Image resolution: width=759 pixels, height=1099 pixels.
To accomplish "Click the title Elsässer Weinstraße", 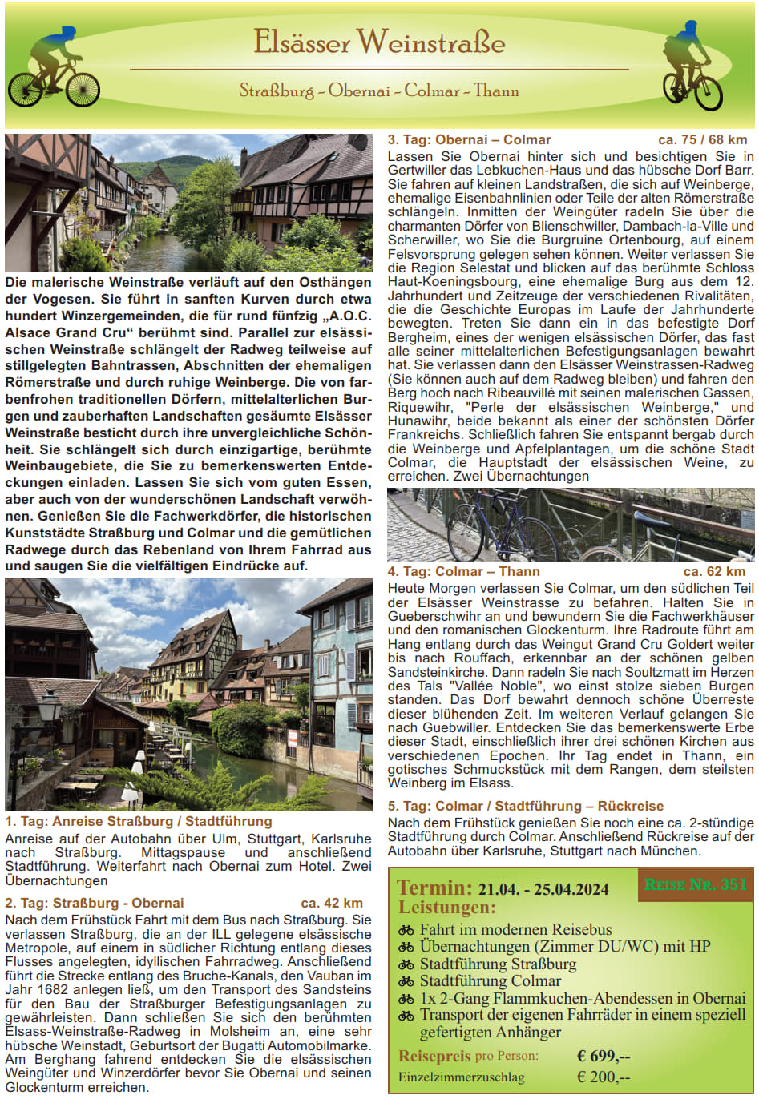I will (379, 42).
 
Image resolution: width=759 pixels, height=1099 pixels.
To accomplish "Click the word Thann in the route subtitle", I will (496, 91).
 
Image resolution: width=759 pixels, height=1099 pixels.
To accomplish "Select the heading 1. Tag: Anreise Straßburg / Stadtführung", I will (139, 821).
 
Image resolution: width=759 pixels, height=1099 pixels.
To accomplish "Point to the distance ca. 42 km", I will (332, 903).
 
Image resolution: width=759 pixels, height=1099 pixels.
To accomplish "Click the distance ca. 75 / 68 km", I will (702, 139).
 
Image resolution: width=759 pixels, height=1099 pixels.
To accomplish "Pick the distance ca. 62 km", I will (714, 571).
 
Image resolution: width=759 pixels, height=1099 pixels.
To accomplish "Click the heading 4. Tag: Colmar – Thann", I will (463, 571).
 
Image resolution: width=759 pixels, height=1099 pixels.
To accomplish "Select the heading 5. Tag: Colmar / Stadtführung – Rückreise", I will (526, 806).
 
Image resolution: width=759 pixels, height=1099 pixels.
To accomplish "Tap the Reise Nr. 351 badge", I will (696, 884).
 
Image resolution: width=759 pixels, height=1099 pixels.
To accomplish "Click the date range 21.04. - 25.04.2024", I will (543, 889).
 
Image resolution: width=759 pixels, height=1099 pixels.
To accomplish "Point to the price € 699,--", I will (604, 1056).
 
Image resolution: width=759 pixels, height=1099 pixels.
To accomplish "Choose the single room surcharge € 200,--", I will (604, 1077).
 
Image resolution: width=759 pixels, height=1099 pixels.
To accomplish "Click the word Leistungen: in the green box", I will (447, 908).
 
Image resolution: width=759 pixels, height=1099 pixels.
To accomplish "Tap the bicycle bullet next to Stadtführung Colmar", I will (406, 981).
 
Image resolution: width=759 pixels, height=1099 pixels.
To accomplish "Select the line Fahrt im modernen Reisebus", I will (515, 930).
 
